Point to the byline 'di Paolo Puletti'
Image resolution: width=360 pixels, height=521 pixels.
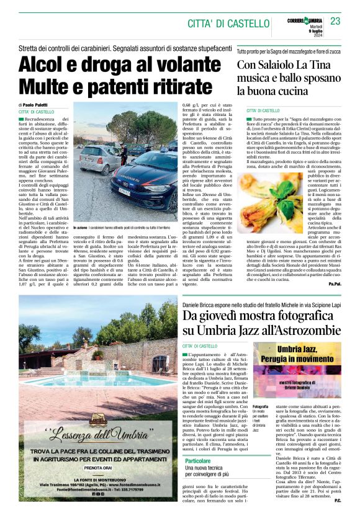coord(36,105)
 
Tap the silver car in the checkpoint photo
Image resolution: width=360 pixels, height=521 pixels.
coord(99,158)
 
